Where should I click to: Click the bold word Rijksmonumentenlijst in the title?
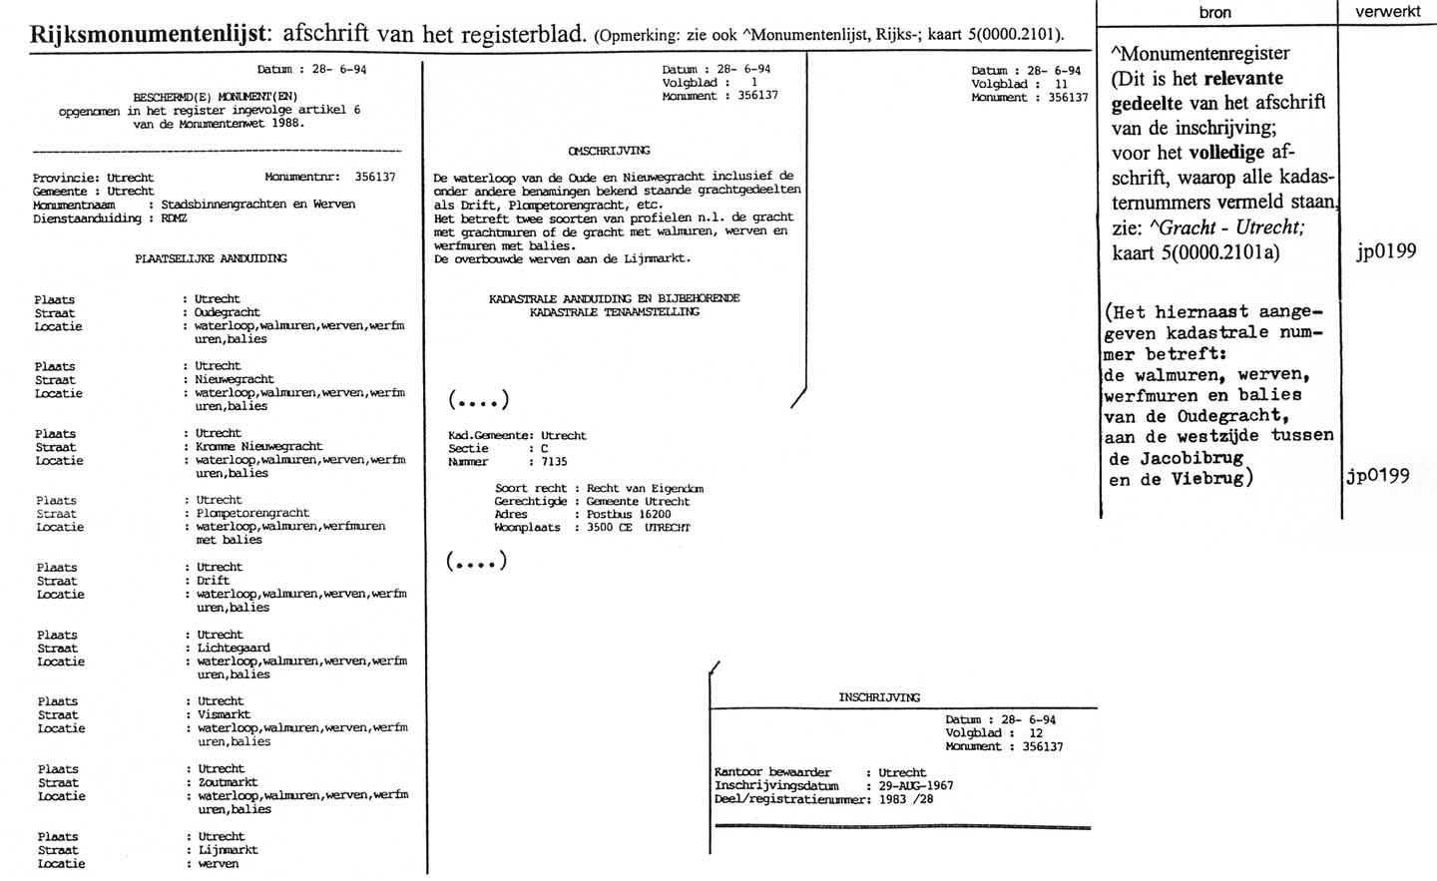point(150,33)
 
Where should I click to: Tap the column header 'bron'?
point(1214,12)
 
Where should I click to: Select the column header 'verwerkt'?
point(1387,11)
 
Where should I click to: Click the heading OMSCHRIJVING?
point(609,151)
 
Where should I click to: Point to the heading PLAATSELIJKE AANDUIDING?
point(211,258)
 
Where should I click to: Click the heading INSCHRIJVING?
point(879,697)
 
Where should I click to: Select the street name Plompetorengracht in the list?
point(252,514)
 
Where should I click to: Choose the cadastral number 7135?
point(553,462)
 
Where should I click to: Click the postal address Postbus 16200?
point(629,515)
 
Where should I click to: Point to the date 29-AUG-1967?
point(916,786)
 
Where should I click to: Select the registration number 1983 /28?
point(906,799)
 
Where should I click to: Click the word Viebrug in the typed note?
point(1206,478)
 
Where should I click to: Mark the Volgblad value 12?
point(1035,733)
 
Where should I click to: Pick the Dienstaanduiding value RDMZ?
point(174,219)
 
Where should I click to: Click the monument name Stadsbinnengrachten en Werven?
point(257,205)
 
